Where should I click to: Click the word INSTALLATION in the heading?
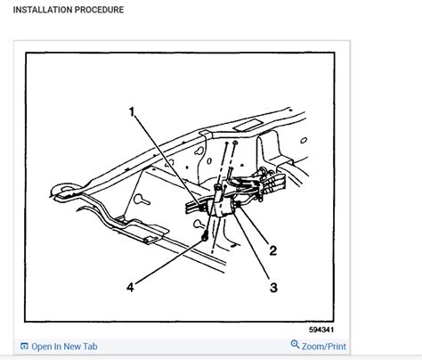click(42, 11)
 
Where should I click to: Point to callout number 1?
click(133, 112)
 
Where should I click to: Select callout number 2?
click(272, 252)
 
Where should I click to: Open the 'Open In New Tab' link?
click(63, 347)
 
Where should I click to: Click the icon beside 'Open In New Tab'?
click(24, 347)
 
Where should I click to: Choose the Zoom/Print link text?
click(324, 347)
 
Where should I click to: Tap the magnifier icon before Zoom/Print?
click(296, 347)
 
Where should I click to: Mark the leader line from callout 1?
click(169, 160)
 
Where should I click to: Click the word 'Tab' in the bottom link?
click(89, 347)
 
